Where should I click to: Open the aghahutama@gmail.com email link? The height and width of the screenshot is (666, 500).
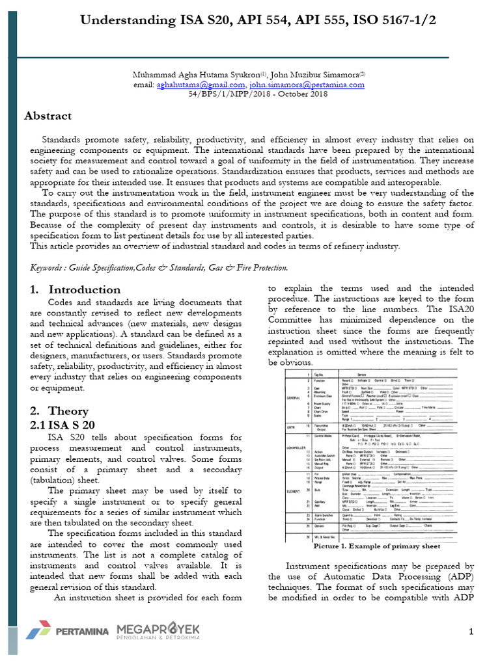click(x=201, y=85)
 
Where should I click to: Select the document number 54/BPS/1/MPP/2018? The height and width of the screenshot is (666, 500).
click(x=224, y=94)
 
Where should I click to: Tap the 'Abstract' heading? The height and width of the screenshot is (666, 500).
click(x=48, y=116)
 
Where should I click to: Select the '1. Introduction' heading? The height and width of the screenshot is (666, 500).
click(x=75, y=290)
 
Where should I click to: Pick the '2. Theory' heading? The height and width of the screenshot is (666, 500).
click(x=61, y=411)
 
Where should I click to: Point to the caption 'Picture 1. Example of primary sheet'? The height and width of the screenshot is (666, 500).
click(x=377, y=547)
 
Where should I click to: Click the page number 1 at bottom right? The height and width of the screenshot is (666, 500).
click(x=471, y=632)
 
